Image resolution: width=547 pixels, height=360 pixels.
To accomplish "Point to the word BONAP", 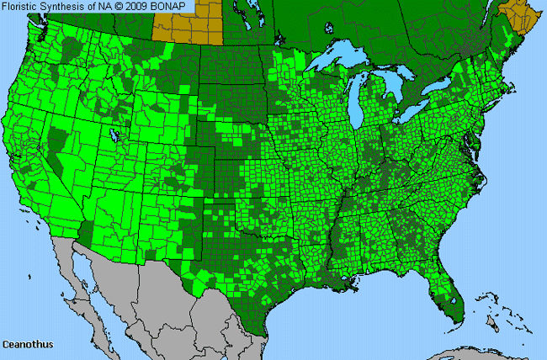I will pyautogui.click(x=158, y=7).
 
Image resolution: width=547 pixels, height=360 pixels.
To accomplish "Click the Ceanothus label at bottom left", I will pyautogui.click(x=24, y=345).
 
